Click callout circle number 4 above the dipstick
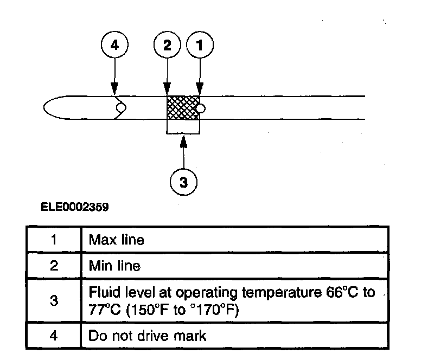point(114,46)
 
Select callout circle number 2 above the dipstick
point(168,46)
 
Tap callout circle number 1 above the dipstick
point(200,46)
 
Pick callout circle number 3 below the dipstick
point(184,182)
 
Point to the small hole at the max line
point(200,108)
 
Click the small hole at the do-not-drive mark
point(120,108)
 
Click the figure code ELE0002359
point(74,207)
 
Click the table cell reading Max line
point(117,240)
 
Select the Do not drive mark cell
point(148,336)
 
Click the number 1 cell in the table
point(54,240)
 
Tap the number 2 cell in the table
point(54,266)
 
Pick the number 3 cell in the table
point(54,301)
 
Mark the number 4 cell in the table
point(54,336)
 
